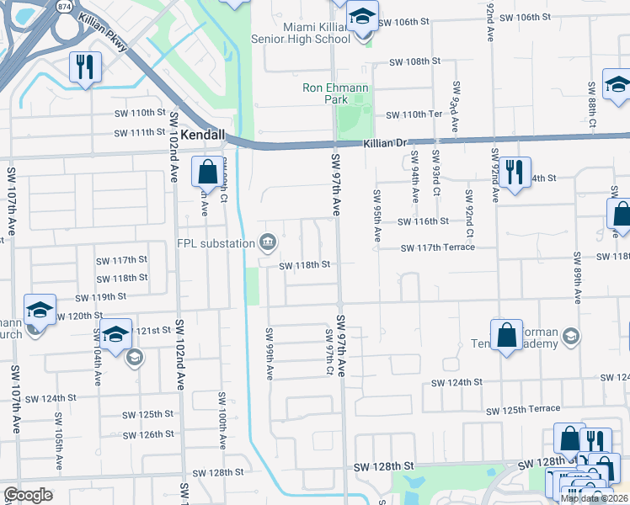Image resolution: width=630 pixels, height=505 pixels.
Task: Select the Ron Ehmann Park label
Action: (x=325, y=93)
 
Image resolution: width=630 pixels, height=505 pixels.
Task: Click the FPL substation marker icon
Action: (x=268, y=243)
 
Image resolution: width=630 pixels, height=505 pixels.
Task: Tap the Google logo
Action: (x=28, y=495)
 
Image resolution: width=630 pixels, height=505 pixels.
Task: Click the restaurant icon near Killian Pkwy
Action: (x=85, y=67)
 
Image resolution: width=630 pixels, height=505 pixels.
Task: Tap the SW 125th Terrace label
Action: (x=524, y=410)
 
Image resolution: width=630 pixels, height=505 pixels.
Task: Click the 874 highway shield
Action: (x=64, y=5)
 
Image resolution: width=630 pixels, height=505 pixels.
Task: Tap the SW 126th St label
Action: (x=148, y=434)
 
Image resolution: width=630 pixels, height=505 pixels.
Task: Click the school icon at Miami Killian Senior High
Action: (x=362, y=19)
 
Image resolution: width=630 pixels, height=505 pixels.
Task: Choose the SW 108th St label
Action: (x=415, y=61)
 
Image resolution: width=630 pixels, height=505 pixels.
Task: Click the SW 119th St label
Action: (x=100, y=297)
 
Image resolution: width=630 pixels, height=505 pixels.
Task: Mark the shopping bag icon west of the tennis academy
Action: (x=507, y=336)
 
